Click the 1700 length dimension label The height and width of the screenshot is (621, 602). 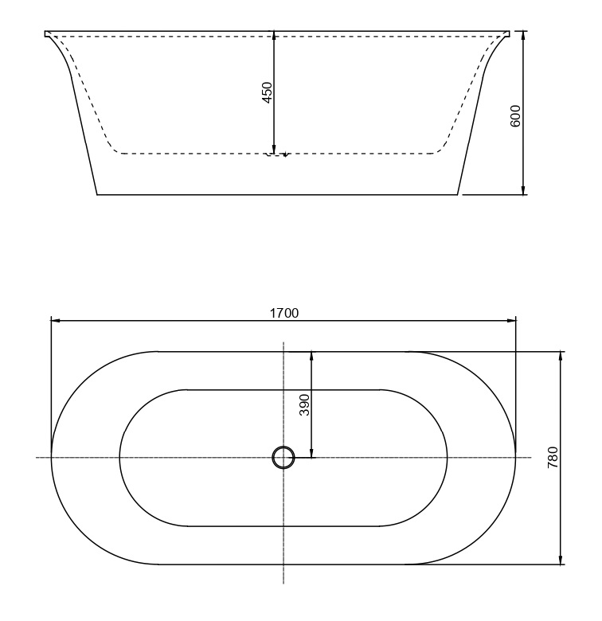point(284,313)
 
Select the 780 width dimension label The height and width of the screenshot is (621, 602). point(553,458)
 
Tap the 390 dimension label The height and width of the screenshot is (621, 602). point(304,404)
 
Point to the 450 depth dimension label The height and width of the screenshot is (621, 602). point(268,92)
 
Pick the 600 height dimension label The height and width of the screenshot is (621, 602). point(515,116)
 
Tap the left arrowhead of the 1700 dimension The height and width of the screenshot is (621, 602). point(57,320)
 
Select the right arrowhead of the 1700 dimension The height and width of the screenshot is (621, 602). point(510,320)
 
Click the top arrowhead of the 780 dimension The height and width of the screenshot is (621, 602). point(561,357)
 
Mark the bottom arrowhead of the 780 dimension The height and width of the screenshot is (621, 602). point(561,559)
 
